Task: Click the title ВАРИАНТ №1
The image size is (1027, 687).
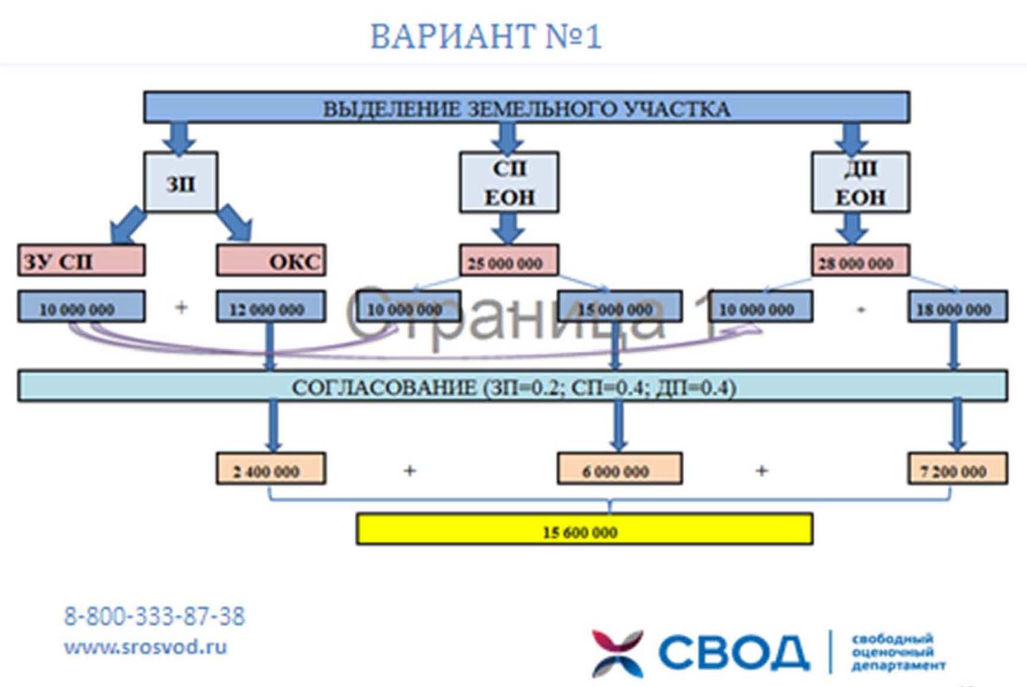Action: tap(485, 37)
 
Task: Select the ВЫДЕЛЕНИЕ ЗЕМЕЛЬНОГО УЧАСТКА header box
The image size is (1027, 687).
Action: tap(526, 108)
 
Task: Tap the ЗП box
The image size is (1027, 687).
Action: tap(180, 183)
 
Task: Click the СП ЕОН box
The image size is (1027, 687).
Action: tap(509, 183)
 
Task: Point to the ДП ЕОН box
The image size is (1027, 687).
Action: tap(860, 183)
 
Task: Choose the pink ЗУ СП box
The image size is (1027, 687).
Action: tap(81, 261)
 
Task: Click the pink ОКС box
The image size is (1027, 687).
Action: tap(271, 261)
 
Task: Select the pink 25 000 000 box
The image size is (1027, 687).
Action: tap(508, 262)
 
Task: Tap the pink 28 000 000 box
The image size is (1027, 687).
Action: tap(860, 262)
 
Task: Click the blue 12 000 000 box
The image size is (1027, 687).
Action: tap(270, 307)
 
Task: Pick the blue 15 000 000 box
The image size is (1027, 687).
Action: tap(619, 307)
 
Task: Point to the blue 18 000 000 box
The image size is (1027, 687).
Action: tap(957, 307)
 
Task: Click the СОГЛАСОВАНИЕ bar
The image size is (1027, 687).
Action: tap(513, 387)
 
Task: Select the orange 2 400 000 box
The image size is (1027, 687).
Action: tap(270, 469)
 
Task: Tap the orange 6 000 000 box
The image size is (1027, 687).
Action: tap(619, 469)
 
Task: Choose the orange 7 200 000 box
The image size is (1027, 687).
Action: tap(957, 469)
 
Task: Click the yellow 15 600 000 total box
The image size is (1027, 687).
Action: tap(584, 530)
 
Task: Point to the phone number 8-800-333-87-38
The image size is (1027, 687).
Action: tap(154, 617)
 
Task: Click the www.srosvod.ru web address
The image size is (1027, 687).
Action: tap(145, 647)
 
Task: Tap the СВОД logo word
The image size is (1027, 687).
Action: tap(733, 653)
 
